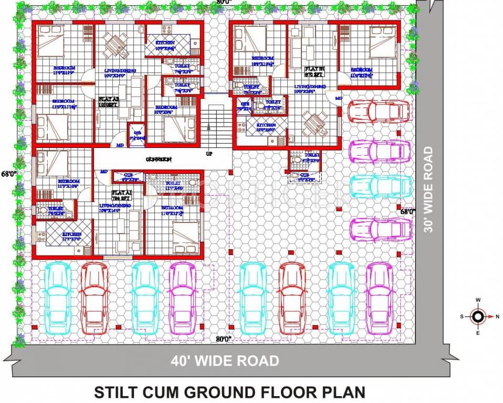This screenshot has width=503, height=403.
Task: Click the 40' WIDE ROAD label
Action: point(225,361)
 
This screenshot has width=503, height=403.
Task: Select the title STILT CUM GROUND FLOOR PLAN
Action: point(229,392)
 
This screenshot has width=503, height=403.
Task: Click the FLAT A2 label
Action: point(109,101)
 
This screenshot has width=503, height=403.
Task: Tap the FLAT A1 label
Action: point(120,195)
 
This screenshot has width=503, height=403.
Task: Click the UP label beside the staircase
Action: point(209,154)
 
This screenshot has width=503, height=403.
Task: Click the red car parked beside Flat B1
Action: point(378,111)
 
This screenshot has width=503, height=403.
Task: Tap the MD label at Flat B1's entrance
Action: point(338,98)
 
